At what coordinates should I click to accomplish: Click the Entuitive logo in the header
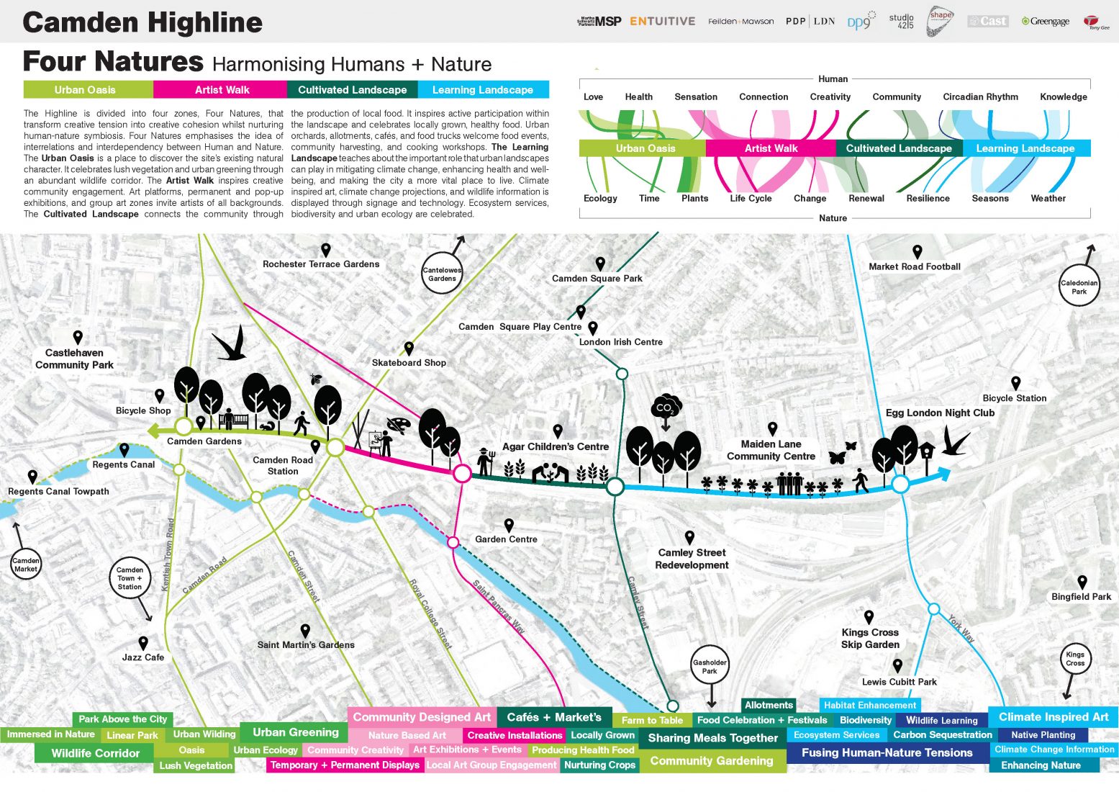662,22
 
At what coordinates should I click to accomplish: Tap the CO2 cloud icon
666,408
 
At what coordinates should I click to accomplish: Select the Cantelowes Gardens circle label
442,274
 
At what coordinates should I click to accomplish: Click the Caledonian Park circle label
1079,287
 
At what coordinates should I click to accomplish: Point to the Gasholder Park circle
710,666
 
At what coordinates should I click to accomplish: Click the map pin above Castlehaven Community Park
78,337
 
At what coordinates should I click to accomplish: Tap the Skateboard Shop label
409,363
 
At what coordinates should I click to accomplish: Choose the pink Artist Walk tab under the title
222,90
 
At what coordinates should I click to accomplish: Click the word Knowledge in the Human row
1063,96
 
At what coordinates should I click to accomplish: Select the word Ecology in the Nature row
600,198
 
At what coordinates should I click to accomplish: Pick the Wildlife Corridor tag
96,753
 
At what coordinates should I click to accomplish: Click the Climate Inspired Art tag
1054,717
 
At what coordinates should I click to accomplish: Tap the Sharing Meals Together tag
712,738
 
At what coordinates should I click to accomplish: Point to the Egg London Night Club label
940,413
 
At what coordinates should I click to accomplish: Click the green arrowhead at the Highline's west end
153,431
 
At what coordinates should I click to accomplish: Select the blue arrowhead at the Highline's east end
943,474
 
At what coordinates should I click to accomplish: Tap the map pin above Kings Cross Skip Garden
869,617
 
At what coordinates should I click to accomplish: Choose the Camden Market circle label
26,564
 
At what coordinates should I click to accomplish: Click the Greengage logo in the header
1046,22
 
